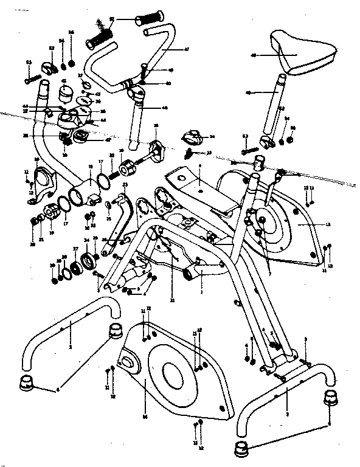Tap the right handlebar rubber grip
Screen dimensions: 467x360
(149, 17)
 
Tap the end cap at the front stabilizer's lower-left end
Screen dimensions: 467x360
(27, 384)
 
